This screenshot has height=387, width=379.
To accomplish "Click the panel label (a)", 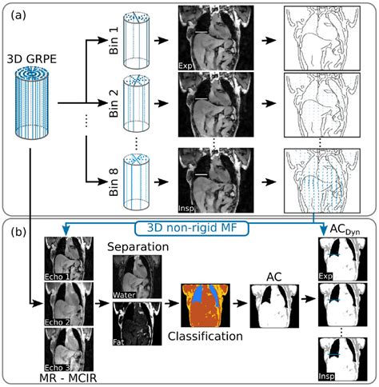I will tap(15, 12).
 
